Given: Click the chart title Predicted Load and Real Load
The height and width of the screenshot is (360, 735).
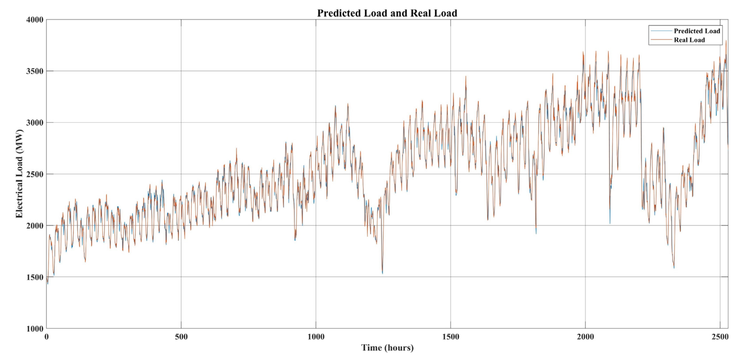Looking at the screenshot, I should [x=387, y=13].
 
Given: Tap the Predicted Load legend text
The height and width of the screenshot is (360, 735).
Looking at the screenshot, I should [x=697, y=31].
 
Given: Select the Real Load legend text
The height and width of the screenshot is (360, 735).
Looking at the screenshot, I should [x=689, y=40].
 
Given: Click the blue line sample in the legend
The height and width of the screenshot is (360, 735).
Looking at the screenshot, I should [x=661, y=31].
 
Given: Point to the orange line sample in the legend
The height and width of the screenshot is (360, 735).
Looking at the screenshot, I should [x=661, y=40].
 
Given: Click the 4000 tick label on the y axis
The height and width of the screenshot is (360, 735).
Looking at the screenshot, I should [x=35, y=20].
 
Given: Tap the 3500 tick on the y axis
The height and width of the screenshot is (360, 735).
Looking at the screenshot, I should [x=35, y=71].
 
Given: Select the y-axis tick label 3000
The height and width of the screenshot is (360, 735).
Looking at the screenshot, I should [x=35, y=123].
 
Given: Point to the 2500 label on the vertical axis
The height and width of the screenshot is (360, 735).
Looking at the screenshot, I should [x=35, y=174].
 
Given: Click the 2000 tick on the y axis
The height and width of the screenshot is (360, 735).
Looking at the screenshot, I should [x=35, y=226].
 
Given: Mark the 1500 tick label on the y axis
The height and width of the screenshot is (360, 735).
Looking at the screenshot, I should [x=35, y=277].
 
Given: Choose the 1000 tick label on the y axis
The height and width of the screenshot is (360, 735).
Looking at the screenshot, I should [x=35, y=329].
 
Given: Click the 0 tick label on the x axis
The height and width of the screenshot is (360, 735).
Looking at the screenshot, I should [x=47, y=337].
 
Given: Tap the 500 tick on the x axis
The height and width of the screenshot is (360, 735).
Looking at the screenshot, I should [x=181, y=337].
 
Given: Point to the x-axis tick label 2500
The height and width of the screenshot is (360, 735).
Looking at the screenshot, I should [x=720, y=337].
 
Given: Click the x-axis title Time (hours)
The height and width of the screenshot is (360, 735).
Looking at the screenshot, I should [x=387, y=348].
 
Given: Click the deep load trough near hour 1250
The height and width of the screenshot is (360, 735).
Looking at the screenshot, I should [x=382, y=273].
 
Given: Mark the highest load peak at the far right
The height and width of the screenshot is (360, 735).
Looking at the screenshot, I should [x=726, y=41].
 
